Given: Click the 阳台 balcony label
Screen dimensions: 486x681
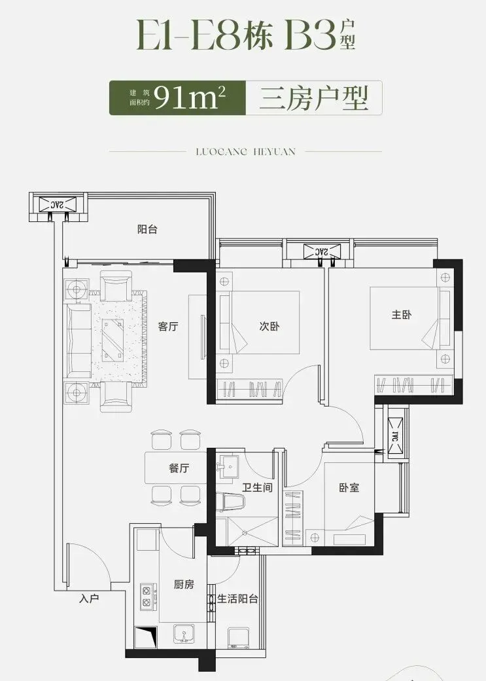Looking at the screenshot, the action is click(147, 229).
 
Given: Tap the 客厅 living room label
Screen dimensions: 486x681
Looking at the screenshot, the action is click(168, 327).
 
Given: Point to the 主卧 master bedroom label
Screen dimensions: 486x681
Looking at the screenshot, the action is click(402, 314).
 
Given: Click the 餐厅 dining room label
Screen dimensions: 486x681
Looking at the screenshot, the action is click(179, 468).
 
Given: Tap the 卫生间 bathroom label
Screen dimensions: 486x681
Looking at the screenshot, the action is click(257, 487).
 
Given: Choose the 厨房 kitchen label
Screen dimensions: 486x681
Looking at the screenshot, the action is click(184, 585).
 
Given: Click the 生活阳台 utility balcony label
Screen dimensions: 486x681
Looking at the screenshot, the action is click(237, 599).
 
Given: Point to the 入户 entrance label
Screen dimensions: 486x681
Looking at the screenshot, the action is click(89, 598).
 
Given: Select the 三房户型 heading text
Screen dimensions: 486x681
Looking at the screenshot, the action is click(314, 98).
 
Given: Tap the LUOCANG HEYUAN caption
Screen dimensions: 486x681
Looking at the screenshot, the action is click(245, 151).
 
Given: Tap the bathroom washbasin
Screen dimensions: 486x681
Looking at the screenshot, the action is click(229, 466).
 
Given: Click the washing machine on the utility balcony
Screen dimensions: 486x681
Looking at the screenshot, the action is click(239, 639).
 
